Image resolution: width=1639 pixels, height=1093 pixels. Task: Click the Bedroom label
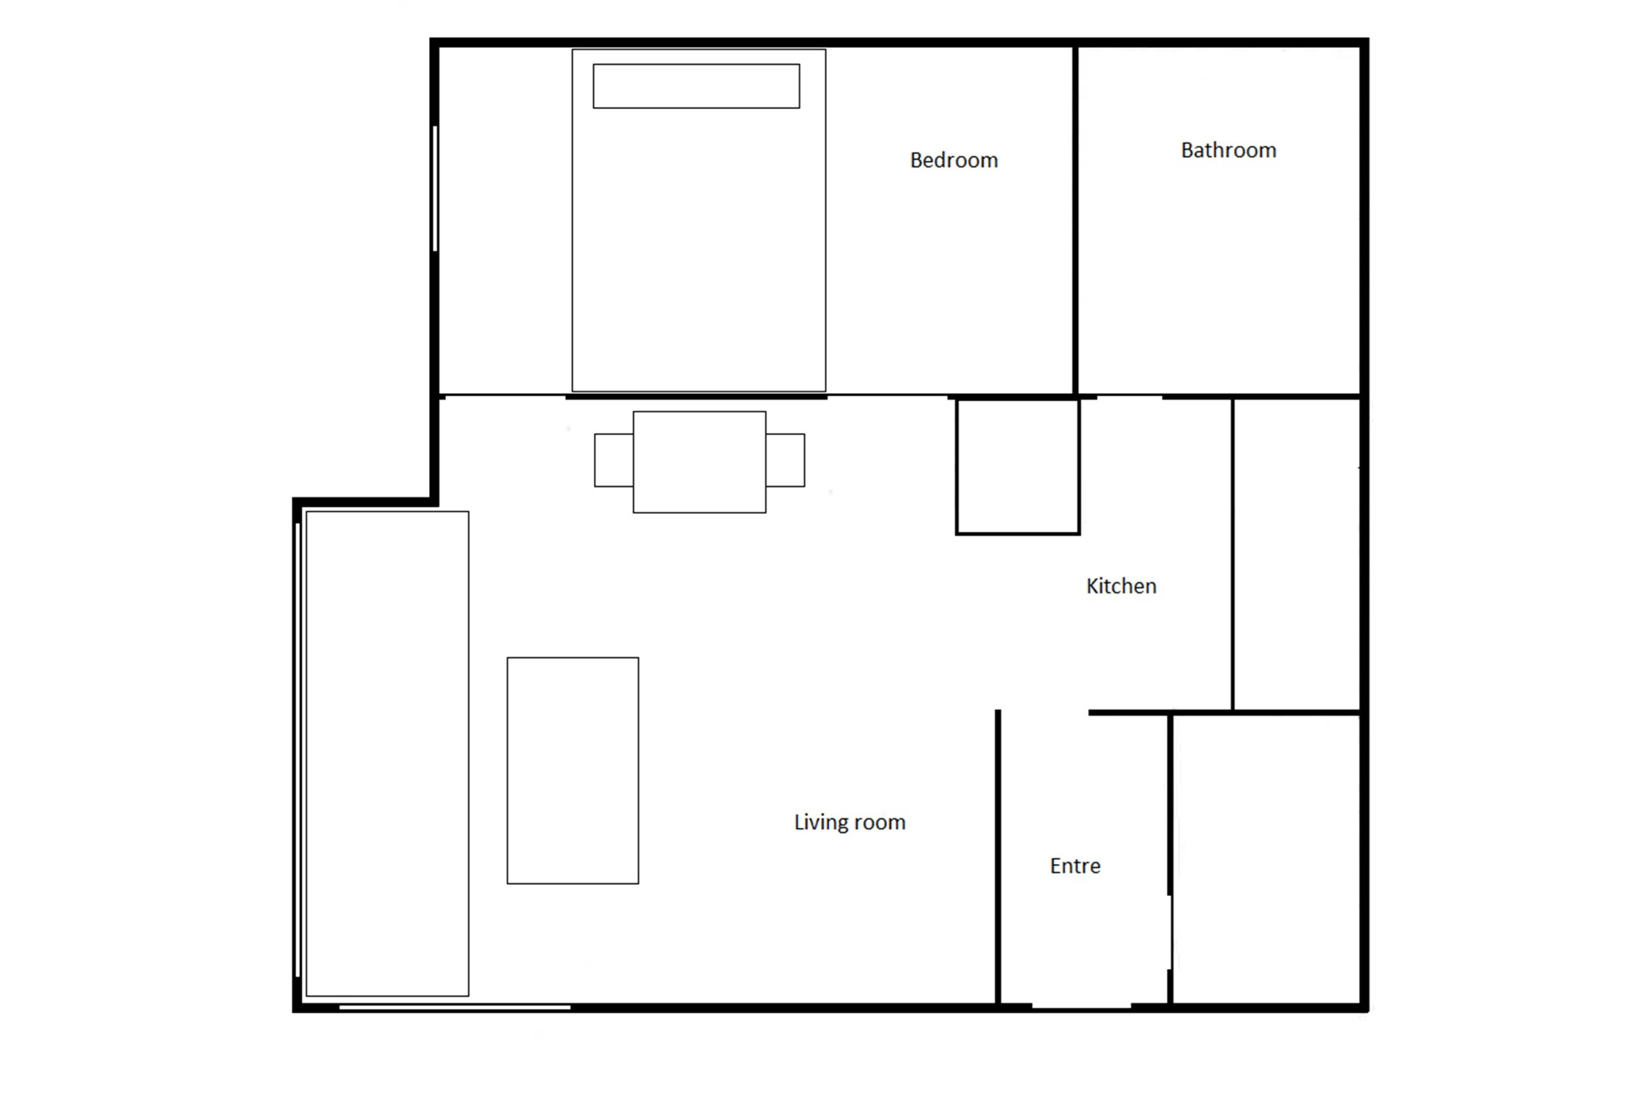954,160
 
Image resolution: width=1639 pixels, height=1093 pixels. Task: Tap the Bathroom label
1228,151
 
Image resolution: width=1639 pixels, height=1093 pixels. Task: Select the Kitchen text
1121,586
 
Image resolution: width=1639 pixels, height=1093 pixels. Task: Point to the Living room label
850,822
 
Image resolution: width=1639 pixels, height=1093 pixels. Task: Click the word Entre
1075,866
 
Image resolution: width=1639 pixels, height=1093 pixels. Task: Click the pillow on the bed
696,86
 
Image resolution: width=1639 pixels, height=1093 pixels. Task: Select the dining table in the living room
699,462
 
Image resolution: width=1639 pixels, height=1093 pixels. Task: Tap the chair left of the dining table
614,460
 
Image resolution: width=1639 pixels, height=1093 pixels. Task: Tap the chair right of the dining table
785,460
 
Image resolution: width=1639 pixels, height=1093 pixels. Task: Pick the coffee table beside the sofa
573,770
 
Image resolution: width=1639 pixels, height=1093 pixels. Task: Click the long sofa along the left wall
387,753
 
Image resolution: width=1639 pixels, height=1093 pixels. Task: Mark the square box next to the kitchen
1018,466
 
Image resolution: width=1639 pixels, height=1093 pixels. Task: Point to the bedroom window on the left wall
435,189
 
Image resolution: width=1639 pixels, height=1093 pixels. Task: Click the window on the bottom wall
455,1007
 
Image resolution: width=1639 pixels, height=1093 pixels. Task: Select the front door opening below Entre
1081,1007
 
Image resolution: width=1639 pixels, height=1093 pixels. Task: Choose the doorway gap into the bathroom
1129,396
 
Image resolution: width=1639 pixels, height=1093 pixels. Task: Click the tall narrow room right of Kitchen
1296,554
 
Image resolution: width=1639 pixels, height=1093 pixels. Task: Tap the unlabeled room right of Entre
1266,859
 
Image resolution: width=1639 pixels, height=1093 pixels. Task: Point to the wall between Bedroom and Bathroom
1076,220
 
